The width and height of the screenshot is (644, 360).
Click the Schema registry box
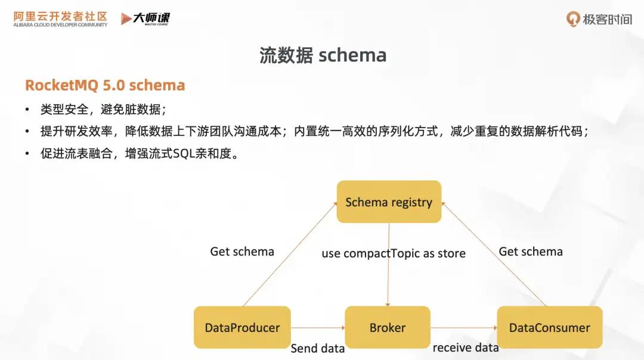coord(389,202)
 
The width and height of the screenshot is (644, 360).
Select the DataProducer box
coord(242,327)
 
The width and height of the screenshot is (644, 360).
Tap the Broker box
coord(388,327)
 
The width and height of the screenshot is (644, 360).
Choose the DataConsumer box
coord(549,327)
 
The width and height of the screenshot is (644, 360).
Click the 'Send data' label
coord(317,349)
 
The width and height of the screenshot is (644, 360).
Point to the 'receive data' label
coord(465,347)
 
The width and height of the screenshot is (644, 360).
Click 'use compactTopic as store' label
coord(394,253)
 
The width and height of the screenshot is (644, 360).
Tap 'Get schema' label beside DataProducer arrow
coord(242,252)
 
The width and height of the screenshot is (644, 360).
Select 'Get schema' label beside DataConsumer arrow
coord(531,252)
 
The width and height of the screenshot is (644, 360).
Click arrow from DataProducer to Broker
coord(318,327)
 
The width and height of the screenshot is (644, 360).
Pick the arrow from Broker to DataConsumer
coord(463,327)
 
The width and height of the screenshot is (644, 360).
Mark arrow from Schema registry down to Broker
coord(389,280)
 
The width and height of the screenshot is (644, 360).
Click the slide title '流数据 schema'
coord(323,55)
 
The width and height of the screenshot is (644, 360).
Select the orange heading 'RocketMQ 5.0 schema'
coord(105,85)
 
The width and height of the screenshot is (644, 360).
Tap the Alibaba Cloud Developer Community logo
coord(60,18)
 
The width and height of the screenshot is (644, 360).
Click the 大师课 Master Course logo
coord(145,18)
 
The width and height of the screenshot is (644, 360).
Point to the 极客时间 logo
coord(599,19)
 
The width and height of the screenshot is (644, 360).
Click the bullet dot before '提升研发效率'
coord(27,132)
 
